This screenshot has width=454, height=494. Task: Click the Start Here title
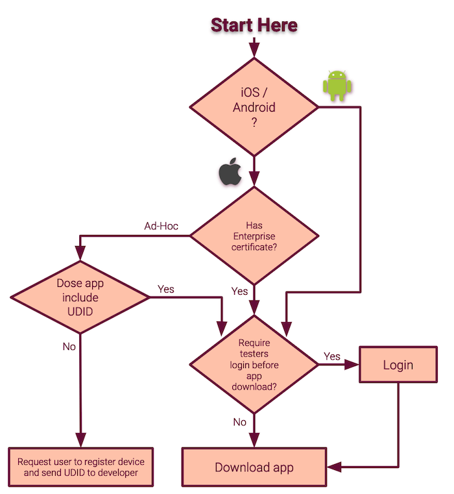254,25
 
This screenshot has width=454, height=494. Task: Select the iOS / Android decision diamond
254,107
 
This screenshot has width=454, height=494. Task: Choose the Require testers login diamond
254,365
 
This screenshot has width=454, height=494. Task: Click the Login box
398,365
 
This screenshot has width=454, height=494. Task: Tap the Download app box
254,467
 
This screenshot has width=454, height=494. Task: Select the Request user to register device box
80,467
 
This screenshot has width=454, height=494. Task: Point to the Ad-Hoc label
161,226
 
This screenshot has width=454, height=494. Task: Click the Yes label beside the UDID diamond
166,289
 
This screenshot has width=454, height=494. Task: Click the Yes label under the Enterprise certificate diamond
239,291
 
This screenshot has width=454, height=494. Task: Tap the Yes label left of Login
331,356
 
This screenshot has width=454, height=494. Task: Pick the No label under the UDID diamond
69,346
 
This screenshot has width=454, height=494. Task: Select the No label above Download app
239,422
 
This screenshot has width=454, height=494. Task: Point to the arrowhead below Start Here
254,50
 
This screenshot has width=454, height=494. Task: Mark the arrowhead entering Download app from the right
335,467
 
